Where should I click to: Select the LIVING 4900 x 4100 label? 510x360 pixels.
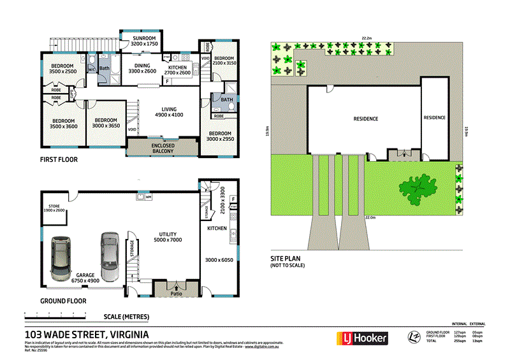tap(169, 112)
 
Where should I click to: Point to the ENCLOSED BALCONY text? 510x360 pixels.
tap(163, 148)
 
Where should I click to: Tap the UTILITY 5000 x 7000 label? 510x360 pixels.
tap(168, 237)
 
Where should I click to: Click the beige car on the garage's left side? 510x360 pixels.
tap(62, 259)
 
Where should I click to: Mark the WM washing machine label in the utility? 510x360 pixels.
tap(148, 197)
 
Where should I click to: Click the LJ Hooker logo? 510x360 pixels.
tap(361, 338)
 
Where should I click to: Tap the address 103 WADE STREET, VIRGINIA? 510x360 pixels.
tap(87, 335)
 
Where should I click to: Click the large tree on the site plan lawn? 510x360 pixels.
tap(418, 189)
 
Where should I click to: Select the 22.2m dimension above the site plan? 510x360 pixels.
tap(368, 38)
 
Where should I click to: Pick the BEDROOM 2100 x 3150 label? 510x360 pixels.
tap(224, 61)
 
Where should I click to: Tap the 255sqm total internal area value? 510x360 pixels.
tap(458, 341)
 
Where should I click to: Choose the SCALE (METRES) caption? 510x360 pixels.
tap(126, 317)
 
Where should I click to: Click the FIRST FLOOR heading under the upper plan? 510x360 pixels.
tap(59, 160)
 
